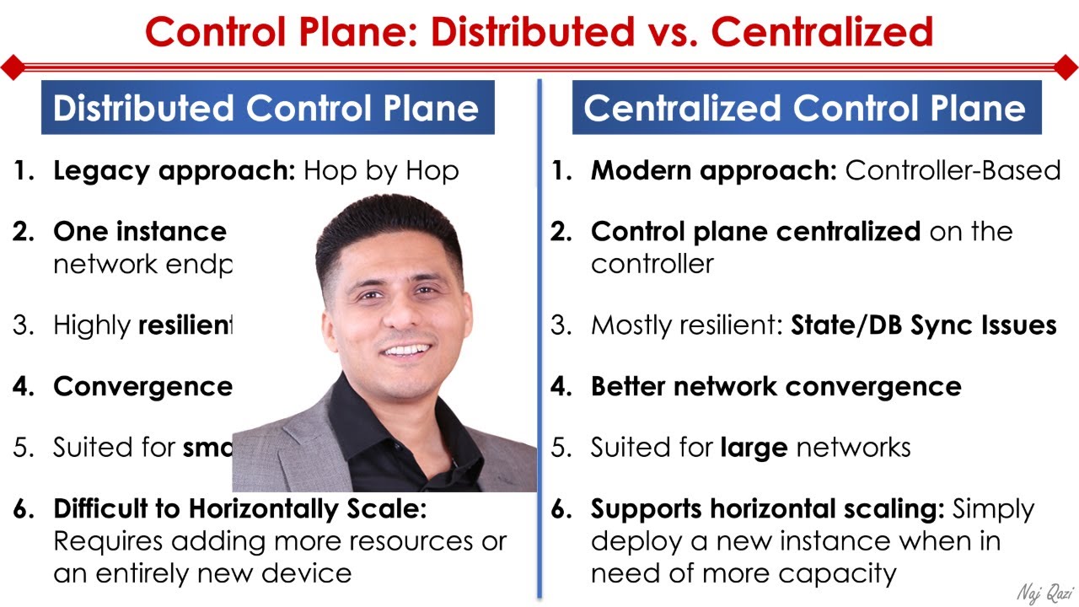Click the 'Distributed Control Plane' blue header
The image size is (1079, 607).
tap(266, 108)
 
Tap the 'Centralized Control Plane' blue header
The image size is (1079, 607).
tap(805, 108)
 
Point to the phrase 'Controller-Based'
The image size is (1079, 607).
tap(953, 170)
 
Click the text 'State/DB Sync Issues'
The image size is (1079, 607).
tap(923, 325)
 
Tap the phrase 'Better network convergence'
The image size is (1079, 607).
tap(776, 386)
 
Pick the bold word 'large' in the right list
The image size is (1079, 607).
tap(753, 447)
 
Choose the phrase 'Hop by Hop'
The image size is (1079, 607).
tap(381, 171)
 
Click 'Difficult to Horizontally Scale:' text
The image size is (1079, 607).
tap(240, 509)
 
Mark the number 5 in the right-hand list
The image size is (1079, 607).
tap(560, 447)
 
